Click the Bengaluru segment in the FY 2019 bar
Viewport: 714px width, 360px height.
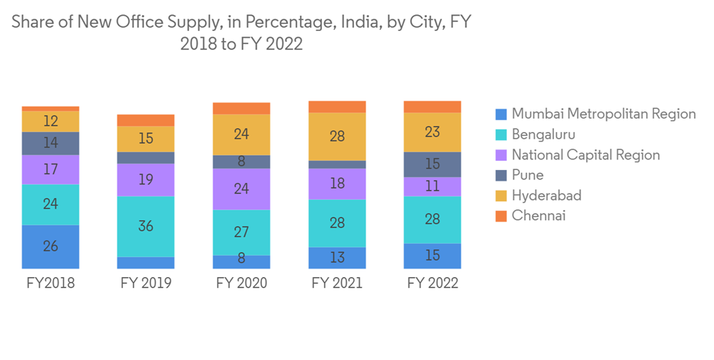pos(146,226)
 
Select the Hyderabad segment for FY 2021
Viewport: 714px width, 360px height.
pos(337,136)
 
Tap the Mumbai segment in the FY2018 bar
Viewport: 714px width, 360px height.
pos(50,246)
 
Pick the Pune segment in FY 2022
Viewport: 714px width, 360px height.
pos(432,164)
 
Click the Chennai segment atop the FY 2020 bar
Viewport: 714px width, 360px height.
pos(241,108)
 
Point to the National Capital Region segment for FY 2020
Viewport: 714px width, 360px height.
pos(241,189)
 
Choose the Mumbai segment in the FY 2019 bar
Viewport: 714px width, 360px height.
pos(146,262)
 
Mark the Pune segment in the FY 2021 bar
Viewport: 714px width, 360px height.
pos(337,164)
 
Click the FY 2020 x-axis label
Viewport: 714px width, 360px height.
pos(241,283)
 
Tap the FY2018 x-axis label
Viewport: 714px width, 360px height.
pos(50,283)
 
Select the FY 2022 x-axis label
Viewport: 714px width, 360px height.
pos(432,283)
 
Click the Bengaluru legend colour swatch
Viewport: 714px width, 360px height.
pos(501,134)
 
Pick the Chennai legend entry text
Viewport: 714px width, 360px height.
pos(538,215)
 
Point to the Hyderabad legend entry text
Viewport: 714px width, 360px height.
pos(546,195)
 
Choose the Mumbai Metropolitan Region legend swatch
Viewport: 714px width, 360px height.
pos(501,114)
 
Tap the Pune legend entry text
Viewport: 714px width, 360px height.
pos(528,175)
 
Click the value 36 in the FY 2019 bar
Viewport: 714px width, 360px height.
pos(146,226)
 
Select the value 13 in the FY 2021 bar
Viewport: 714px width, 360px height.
pos(337,257)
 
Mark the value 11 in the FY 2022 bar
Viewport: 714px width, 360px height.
pos(432,186)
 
